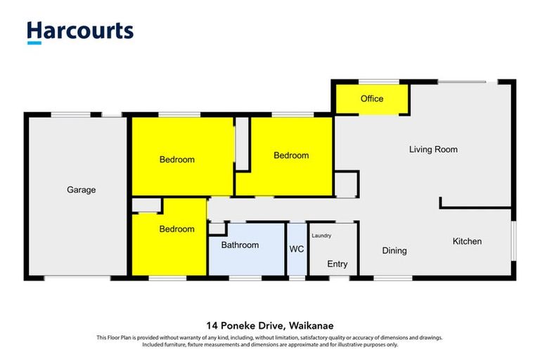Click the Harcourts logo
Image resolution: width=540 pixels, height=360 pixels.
coord(79,31)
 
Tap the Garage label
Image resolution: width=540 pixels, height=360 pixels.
coord(81,190)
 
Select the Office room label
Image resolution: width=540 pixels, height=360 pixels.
coord(372,98)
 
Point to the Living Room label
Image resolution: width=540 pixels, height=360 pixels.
coord(433,149)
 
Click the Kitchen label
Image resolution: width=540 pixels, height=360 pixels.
coord(467,241)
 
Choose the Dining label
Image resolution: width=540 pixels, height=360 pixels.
coord(394,250)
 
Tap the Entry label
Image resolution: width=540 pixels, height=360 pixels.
coord(337,264)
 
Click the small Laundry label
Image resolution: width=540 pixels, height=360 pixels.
coord(321,236)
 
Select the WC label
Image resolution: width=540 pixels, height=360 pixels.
coord(296,249)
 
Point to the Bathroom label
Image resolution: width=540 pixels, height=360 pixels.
coord(240,245)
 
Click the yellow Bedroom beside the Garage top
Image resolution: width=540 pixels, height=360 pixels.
coord(176,160)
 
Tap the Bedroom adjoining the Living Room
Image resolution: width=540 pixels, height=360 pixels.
coord(291,155)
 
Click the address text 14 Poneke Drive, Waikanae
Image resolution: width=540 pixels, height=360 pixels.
coord(269,325)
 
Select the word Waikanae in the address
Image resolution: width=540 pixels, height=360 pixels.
coord(309,325)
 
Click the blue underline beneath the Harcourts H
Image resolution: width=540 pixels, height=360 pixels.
coord(34,43)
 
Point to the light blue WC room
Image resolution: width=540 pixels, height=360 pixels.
coord(296,260)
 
